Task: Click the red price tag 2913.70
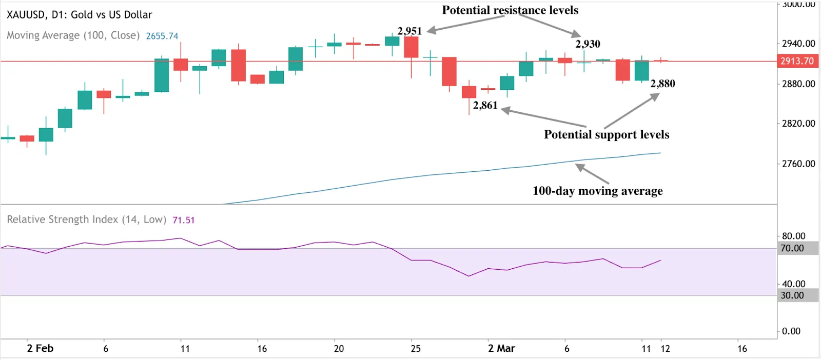tap(797, 61)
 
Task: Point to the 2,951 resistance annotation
tap(409, 31)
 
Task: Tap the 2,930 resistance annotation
tap(588, 44)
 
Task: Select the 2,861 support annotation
tap(485, 105)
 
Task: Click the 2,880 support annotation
tap(662, 84)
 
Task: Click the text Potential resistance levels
tap(510, 10)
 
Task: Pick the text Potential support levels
tap(607, 134)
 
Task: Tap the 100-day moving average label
tap(597, 191)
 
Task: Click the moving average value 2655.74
tap(162, 36)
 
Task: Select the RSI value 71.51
tap(183, 220)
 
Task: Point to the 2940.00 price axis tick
tap(798, 44)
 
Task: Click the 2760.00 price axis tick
tap(798, 164)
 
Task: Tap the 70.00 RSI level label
tap(792, 248)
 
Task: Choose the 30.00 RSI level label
tap(792, 295)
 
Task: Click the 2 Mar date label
tap(501, 348)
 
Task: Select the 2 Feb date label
tap(40, 348)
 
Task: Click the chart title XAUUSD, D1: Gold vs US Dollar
tap(80, 14)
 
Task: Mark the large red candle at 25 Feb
tap(411, 47)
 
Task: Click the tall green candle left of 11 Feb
tap(162, 75)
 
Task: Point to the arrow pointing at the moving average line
tap(592, 174)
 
